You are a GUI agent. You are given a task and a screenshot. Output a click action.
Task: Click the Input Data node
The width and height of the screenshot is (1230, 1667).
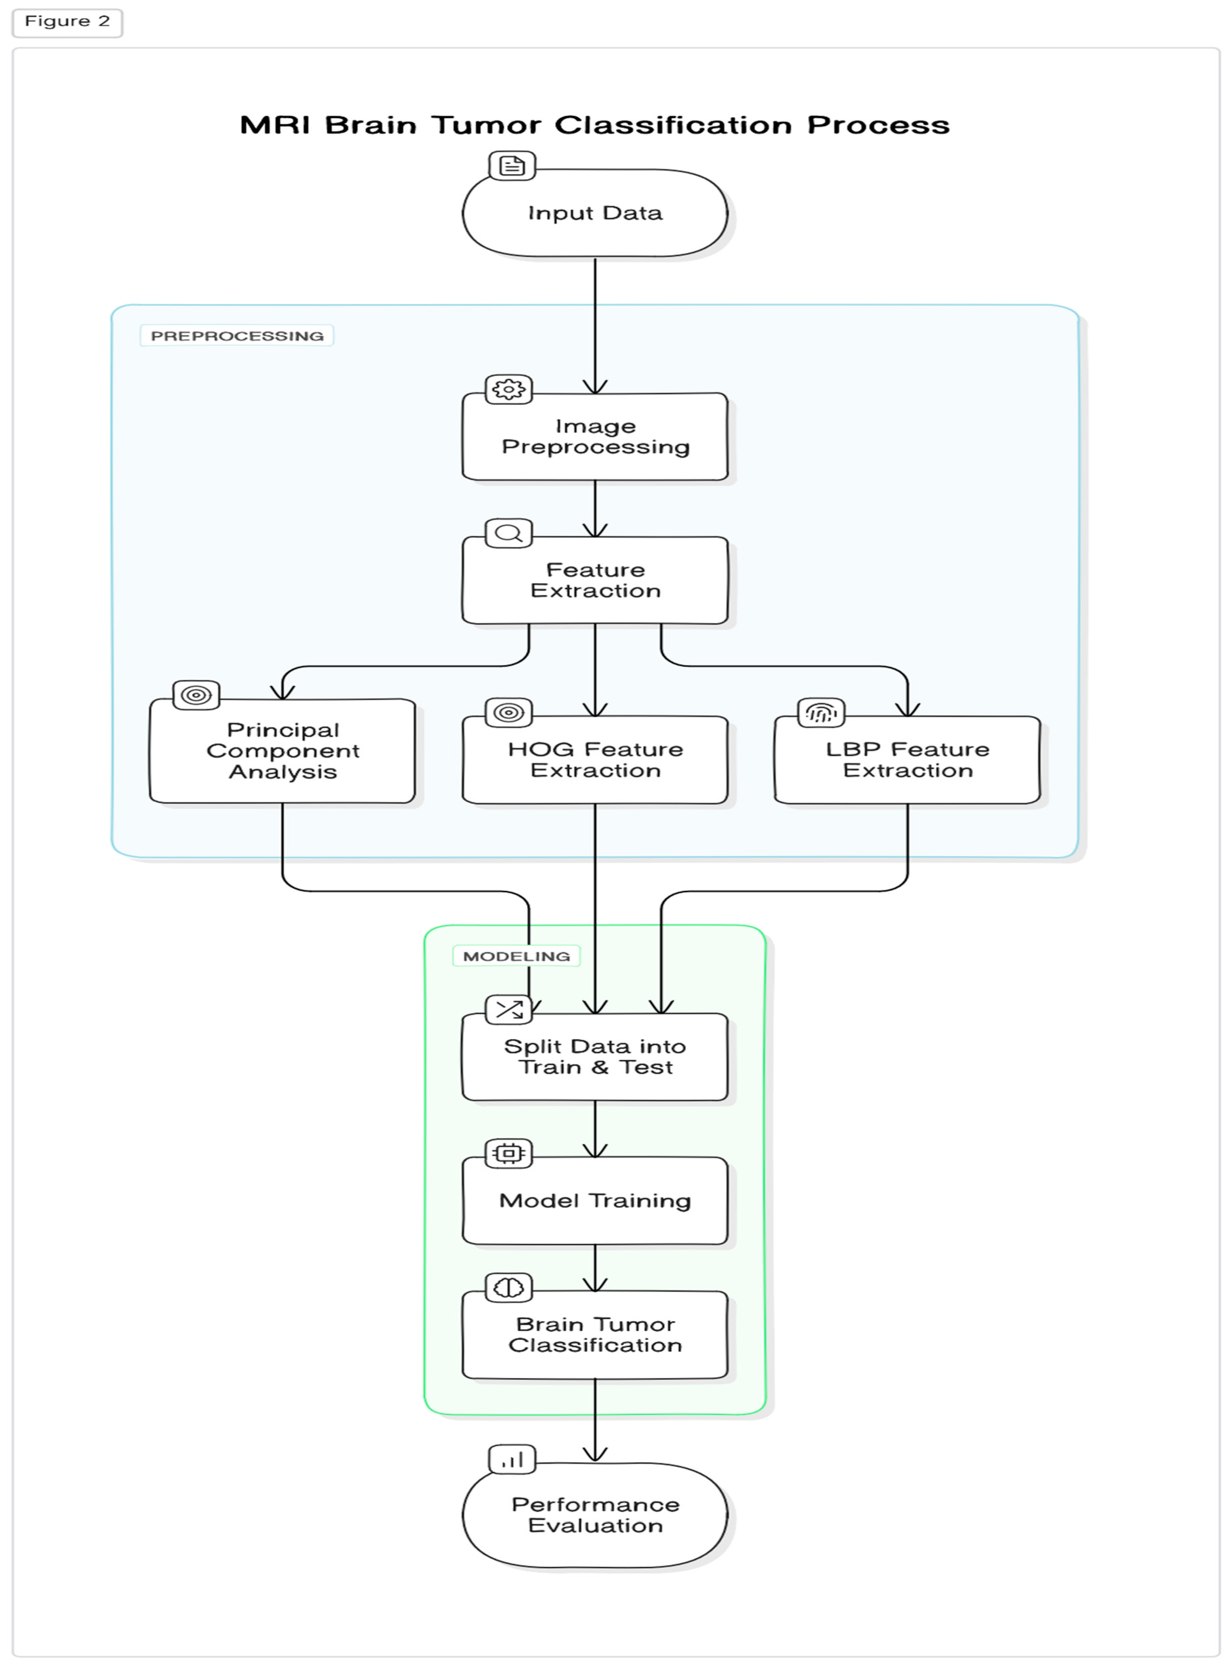point(595,214)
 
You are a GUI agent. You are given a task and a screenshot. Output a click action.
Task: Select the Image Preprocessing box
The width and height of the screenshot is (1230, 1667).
point(595,437)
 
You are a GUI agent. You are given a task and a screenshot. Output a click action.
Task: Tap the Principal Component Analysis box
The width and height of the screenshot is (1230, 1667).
point(282,751)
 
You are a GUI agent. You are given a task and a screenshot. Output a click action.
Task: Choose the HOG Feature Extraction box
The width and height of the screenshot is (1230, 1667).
point(595,760)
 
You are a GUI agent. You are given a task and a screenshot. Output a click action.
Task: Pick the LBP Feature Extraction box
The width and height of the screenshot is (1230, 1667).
point(907,760)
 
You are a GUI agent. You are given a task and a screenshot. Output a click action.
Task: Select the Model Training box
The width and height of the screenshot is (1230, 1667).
point(595,1201)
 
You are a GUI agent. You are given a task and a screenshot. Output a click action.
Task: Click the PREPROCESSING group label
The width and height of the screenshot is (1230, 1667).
point(237,336)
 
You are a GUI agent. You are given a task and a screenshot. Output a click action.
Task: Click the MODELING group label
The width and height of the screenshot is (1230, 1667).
point(516,956)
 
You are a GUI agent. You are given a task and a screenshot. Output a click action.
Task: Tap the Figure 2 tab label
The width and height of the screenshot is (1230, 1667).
point(67,22)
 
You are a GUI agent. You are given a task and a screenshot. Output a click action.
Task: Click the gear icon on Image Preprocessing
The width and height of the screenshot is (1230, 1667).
point(508,389)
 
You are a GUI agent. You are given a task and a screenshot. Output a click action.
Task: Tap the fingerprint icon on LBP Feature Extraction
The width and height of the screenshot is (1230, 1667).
point(820,713)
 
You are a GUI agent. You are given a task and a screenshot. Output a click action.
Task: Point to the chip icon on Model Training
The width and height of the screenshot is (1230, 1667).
point(508,1153)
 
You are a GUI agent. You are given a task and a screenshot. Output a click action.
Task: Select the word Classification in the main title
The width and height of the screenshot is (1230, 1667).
point(673,125)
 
